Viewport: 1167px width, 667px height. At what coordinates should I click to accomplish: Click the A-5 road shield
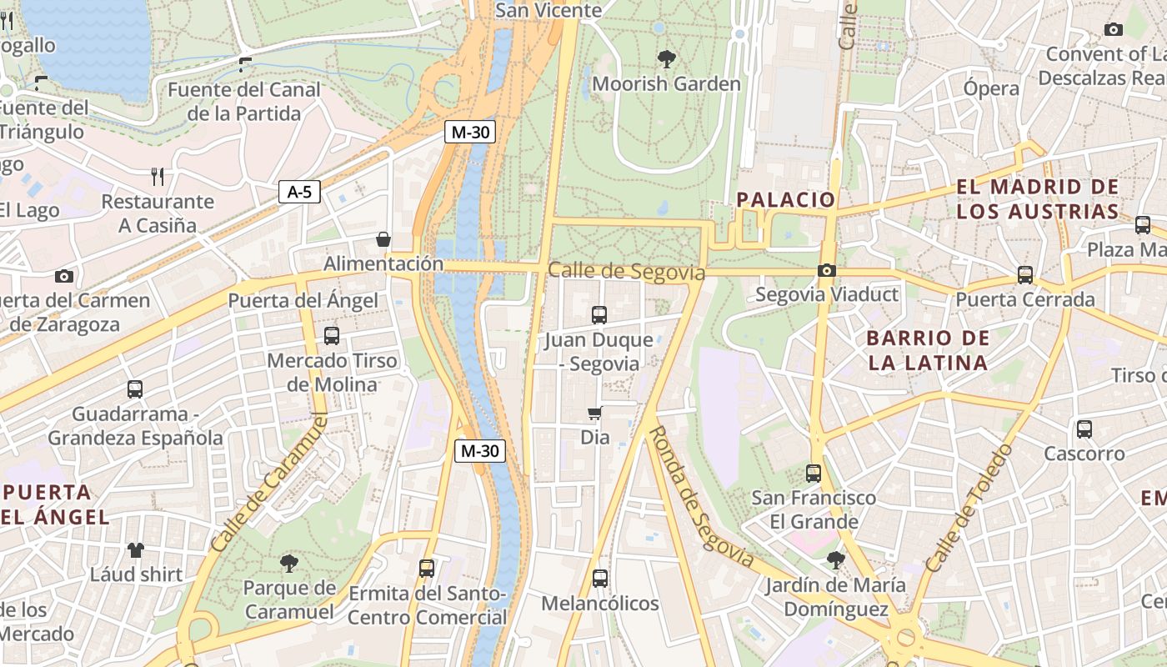pos(299,193)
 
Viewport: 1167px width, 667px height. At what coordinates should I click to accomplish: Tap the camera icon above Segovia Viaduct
pos(827,270)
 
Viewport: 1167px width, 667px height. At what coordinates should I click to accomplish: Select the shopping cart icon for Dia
pos(595,414)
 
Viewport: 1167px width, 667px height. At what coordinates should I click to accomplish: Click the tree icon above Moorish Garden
pos(666,59)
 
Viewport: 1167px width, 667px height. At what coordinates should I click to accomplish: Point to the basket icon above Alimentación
pos(383,240)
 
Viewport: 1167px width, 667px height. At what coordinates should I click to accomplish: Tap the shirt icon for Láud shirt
pos(136,549)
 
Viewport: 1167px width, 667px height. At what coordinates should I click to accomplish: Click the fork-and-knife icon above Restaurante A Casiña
pos(158,176)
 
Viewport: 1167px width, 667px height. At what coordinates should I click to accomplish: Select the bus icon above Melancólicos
pos(599,578)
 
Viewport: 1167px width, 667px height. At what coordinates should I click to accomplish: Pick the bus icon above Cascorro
pos(1084,429)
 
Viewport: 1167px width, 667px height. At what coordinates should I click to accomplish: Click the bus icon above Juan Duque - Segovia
pos(599,314)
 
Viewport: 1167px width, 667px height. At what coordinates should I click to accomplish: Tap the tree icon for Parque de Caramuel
pos(288,563)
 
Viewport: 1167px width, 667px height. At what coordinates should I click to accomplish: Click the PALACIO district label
pos(785,200)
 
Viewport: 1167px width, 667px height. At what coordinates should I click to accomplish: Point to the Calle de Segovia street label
pos(626,272)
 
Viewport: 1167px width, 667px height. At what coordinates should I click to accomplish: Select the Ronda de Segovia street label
pos(700,496)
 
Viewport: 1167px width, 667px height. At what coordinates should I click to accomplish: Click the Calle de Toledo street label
pos(969,508)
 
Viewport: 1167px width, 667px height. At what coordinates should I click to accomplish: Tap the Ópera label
pos(991,88)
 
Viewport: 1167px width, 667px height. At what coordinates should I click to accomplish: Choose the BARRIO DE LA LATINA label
pos(928,350)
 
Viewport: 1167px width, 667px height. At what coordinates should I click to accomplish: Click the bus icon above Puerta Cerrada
pos(1024,274)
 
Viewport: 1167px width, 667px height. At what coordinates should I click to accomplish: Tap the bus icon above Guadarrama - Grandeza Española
pos(135,389)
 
